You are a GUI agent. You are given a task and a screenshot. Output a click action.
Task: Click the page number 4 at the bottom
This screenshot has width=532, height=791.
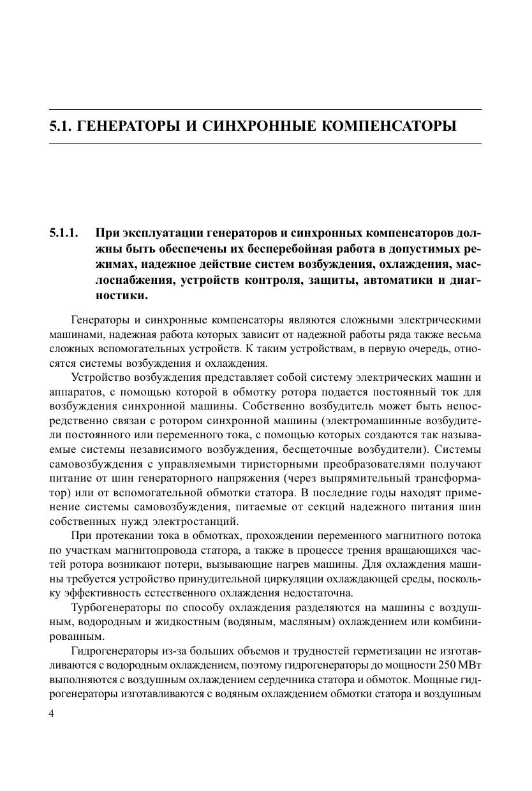52,714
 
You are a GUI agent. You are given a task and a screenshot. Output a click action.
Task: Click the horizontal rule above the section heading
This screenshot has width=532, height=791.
265,110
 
